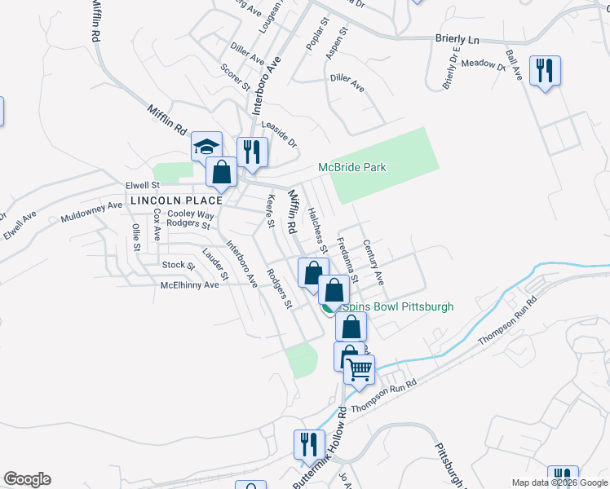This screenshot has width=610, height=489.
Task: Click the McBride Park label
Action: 351,168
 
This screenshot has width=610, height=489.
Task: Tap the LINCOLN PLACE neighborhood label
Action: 175,200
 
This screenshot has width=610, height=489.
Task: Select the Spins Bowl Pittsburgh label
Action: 397,307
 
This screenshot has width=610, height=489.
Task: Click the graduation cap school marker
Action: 207,147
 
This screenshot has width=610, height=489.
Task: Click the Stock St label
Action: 179,266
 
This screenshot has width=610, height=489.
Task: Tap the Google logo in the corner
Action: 27,479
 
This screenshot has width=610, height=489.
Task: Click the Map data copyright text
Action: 559,482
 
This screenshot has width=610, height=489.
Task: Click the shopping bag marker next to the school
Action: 221,172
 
